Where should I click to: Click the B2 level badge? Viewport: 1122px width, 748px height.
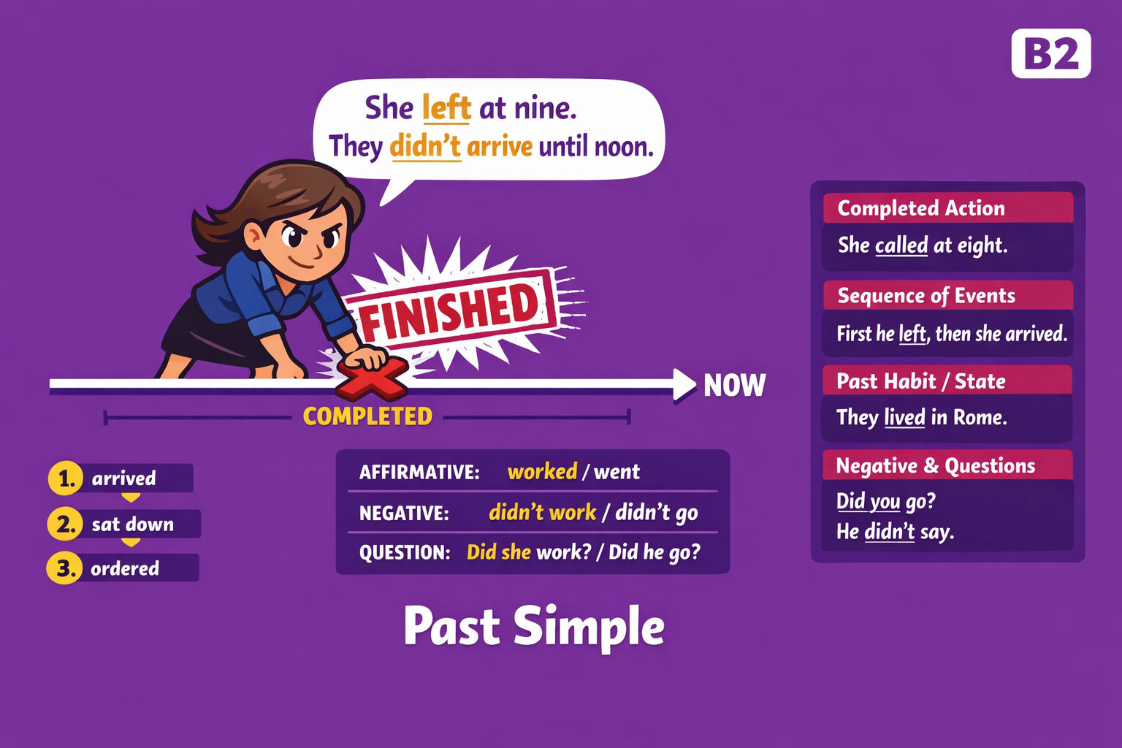coord(1050,54)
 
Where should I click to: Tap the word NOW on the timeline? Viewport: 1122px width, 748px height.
coord(734,385)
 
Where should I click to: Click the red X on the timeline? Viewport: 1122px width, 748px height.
coord(370,378)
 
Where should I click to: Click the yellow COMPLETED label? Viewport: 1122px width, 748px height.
coord(367,416)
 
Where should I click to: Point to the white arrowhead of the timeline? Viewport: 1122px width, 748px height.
coord(684,384)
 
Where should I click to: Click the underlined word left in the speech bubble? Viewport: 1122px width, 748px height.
coord(446,108)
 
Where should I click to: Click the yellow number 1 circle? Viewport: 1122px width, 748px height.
coord(66,478)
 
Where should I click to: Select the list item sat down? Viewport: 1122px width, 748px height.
coord(133,524)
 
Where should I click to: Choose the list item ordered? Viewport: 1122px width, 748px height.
coord(125,568)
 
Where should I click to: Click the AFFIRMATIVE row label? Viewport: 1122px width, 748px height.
coord(419,473)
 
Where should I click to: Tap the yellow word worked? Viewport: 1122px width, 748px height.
coord(542,472)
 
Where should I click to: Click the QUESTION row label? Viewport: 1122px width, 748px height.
coord(404,552)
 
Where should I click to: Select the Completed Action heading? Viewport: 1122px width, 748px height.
coord(921,208)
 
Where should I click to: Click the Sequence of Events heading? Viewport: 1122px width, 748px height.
coord(926,296)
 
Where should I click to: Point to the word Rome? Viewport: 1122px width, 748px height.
coord(980,418)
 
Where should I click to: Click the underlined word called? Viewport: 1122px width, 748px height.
coord(901,245)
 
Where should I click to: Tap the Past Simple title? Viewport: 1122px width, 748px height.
coord(534,627)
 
